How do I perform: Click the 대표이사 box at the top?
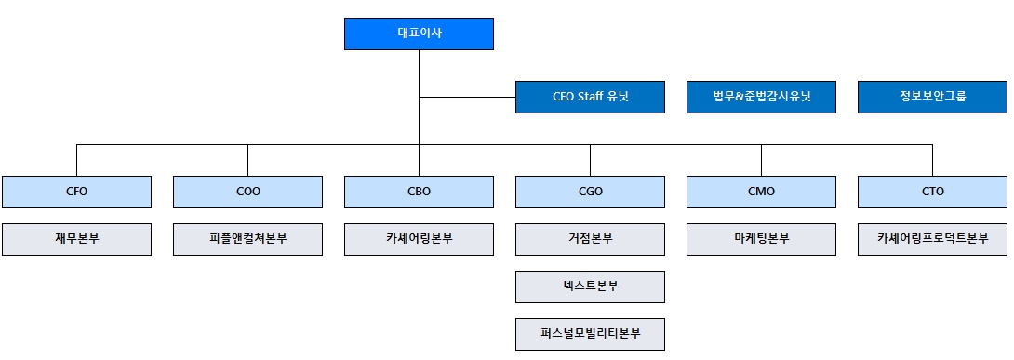(419, 34)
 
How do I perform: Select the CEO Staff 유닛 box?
(590, 98)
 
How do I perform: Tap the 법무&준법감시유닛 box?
(761, 98)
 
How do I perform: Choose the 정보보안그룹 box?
(932, 98)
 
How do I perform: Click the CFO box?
(76, 193)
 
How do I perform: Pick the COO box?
(247, 193)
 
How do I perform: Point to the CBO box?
(419, 193)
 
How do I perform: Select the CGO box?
(590, 193)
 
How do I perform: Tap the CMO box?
(761, 193)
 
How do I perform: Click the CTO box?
(932, 193)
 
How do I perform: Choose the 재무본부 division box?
(76, 239)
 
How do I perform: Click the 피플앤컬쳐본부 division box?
(247, 239)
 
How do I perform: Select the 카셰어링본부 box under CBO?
(419, 239)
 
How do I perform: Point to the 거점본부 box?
(590, 239)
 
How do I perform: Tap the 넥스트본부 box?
(590, 287)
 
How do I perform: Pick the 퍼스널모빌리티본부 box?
(590, 334)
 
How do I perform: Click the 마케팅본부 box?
(761, 239)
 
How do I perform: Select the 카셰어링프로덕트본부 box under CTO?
(932, 239)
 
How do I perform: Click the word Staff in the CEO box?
(590, 98)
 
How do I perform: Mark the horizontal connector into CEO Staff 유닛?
(467, 97)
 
